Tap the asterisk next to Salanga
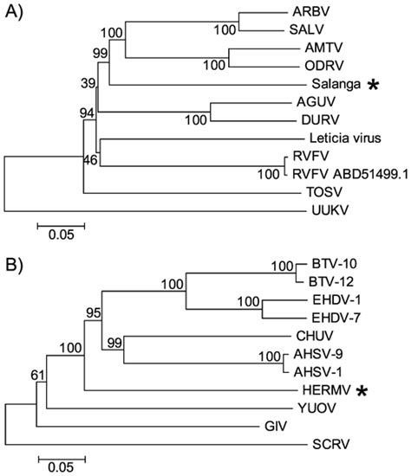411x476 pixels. tap(374, 84)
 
